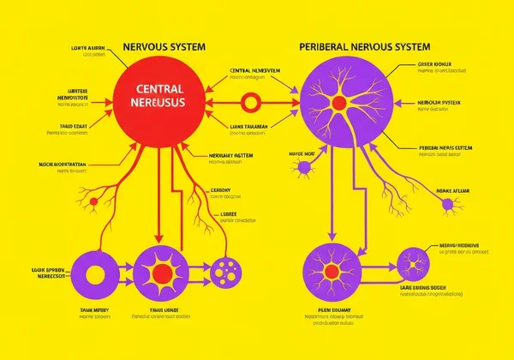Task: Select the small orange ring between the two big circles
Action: pos(251,104)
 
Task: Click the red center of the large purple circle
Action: pos(338,104)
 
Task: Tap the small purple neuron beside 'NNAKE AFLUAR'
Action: pos(446,204)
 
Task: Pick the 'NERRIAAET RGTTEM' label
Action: pos(231,155)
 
